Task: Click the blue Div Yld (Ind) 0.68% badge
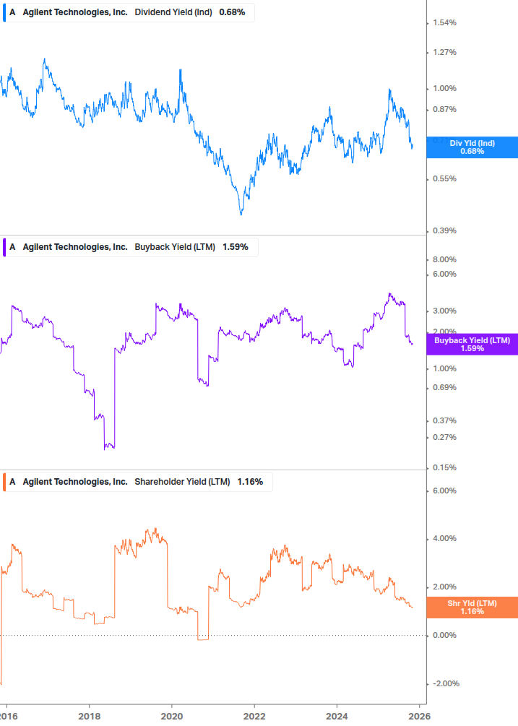tap(472, 147)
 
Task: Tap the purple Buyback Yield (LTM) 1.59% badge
tap(472, 344)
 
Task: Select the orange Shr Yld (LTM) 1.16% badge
tap(472, 607)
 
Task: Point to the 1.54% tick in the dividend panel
tap(444, 23)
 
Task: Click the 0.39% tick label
tap(444, 230)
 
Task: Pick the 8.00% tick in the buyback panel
tap(444, 259)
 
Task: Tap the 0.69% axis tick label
tap(444, 387)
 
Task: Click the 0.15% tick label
tap(444, 467)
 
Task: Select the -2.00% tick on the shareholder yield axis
tap(444, 683)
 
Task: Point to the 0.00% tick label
tap(444, 635)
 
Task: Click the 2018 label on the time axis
tap(89, 716)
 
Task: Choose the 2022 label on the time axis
tap(254, 716)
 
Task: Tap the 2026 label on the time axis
tap(420, 716)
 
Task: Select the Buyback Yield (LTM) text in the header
tap(175, 246)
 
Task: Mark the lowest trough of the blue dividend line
tap(241, 214)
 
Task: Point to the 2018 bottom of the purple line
tap(109, 448)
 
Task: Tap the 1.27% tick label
tap(444, 52)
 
